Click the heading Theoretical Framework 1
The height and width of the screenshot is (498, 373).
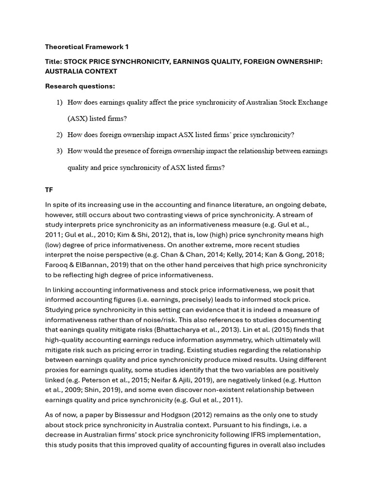(x=86, y=47)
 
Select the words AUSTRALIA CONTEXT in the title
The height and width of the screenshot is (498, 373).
(x=81, y=71)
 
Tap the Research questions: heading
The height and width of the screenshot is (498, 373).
(x=80, y=86)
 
